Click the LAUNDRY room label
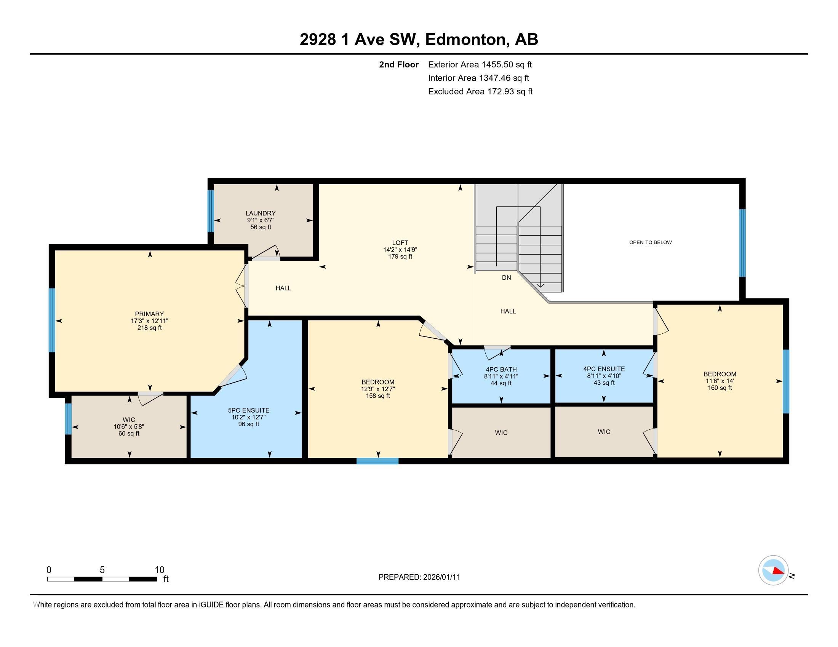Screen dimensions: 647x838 [x=261, y=213]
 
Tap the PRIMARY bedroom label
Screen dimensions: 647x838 [x=149, y=314]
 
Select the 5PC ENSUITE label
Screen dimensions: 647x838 [x=249, y=410]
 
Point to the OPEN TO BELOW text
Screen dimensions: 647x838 [x=650, y=242]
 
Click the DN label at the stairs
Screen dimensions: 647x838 [x=506, y=277]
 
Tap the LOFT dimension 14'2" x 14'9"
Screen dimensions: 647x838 [x=400, y=250]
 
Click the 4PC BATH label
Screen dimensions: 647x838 [x=501, y=370]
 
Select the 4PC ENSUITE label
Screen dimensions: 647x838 [x=604, y=369]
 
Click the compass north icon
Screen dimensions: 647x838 [x=773, y=570]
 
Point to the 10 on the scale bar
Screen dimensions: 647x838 [x=160, y=570]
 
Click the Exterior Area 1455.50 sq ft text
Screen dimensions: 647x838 [x=480, y=64]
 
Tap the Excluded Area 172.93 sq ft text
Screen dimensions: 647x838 [x=480, y=91]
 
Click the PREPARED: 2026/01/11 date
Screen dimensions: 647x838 [x=419, y=577]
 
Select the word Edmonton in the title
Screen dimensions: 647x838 [x=465, y=39]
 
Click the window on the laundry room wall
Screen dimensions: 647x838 [x=210, y=211]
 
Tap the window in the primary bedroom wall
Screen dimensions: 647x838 [x=52, y=320]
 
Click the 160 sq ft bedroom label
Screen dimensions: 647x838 [x=720, y=387]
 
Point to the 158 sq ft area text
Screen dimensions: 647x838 [x=377, y=395]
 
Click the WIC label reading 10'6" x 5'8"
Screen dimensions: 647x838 [x=128, y=427]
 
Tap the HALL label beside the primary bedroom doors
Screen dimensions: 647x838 [x=283, y=288]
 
